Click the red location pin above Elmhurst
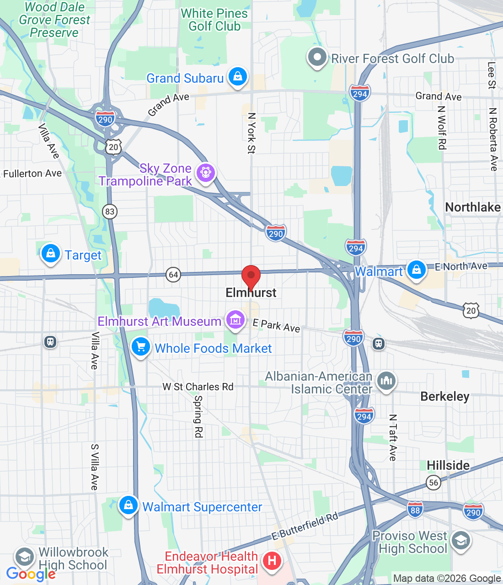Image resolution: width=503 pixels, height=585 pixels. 251,276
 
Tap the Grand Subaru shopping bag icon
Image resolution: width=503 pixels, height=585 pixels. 238,77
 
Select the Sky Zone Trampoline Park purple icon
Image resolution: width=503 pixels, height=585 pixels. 205,173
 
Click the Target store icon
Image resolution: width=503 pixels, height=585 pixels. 51,253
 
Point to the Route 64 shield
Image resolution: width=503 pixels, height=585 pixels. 173,275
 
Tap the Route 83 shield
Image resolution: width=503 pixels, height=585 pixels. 110,211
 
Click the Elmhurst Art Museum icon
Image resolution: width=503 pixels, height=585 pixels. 235,320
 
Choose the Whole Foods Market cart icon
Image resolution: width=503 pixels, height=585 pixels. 141,347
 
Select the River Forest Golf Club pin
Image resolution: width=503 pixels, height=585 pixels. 317,58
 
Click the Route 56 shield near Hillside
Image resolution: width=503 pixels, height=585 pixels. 433,482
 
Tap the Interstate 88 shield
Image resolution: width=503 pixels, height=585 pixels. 415,510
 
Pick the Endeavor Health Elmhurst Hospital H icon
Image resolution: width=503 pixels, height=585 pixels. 272,560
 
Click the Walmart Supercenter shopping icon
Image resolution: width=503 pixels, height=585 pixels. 128,505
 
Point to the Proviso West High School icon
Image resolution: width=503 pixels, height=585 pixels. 460,541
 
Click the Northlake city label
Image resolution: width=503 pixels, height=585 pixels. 472,207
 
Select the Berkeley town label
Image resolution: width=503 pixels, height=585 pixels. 444,396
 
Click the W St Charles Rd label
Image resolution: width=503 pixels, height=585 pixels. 198,387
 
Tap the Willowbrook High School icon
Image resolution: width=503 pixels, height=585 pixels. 24,557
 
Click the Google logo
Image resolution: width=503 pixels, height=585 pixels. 31,574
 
